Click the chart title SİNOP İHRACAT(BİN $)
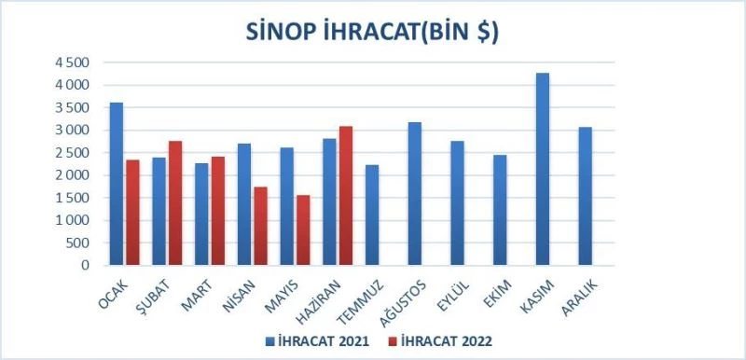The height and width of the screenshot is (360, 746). click(x=372, y=32)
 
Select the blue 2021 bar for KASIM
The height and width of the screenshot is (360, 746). click(x=543, y=169)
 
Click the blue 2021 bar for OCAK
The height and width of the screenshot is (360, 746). click(x=117, y=184)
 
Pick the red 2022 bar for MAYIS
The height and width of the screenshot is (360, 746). click(x=302, y=230)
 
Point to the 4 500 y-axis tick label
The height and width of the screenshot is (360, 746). click(x=71, y=62)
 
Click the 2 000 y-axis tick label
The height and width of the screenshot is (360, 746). click(x=71, y=175)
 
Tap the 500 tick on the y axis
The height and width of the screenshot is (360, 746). click(x=78, y=243)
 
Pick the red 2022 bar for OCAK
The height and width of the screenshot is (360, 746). click(x=132, y=213)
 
